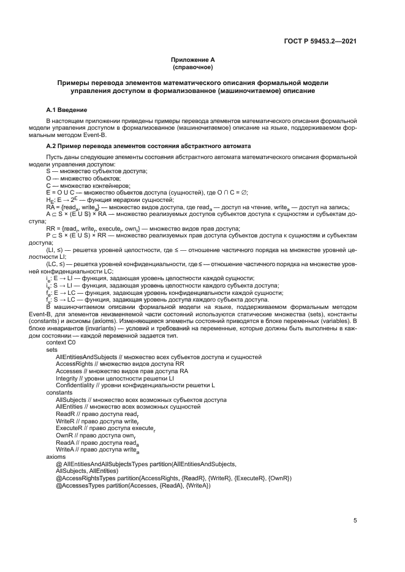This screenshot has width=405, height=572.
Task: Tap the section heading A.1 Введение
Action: click(67, 110)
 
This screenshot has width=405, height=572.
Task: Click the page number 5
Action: click(355, 521)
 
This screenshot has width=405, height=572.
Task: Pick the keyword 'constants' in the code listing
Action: click(59, 392)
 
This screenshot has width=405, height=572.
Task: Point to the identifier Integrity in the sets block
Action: click(67, 378)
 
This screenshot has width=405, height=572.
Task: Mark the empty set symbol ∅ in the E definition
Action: click(245, 191)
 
